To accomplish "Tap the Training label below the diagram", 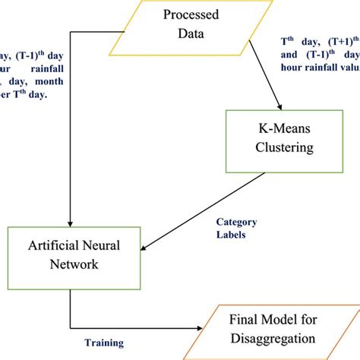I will (x=102, y=343).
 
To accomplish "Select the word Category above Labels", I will (x=236, y=222).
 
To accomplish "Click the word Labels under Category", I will (x=231, y=235).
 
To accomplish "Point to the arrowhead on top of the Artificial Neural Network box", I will (x=70, y=221).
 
